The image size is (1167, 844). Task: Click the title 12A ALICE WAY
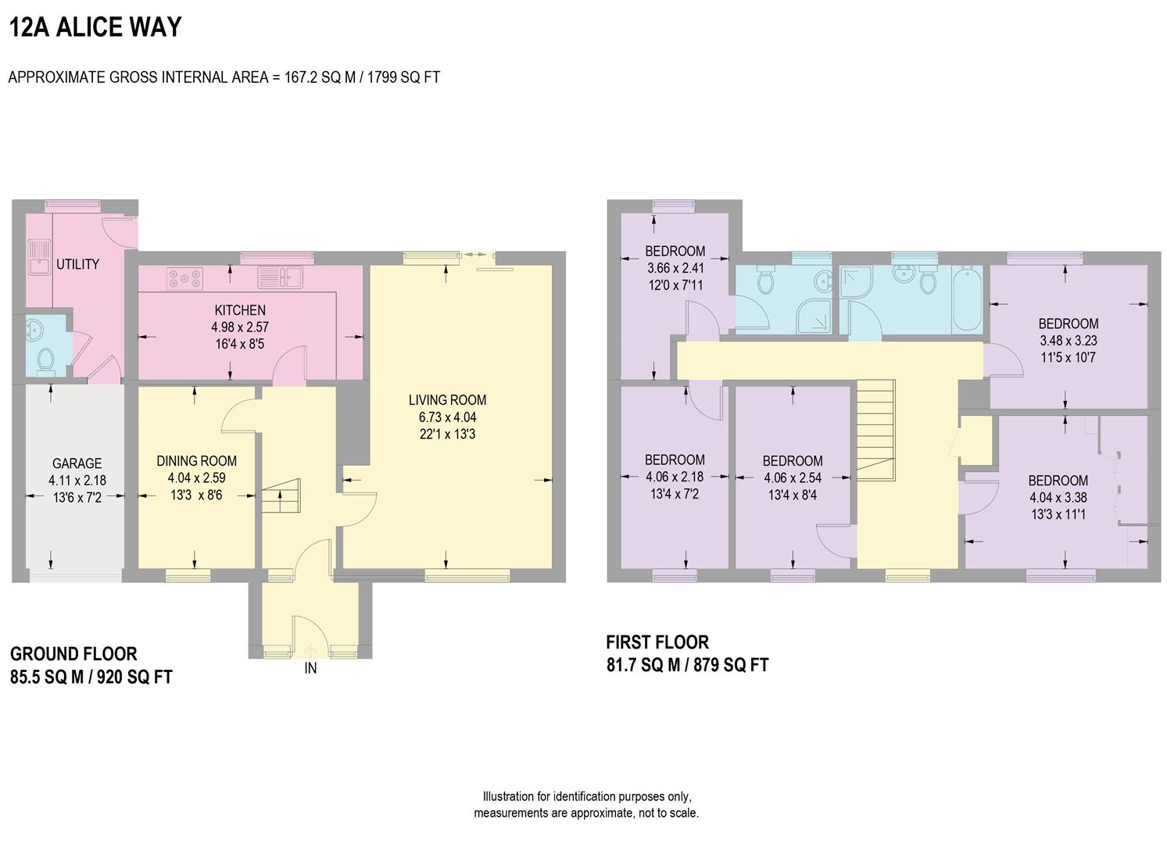pos(95,27)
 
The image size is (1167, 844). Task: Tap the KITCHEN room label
pos(240,310)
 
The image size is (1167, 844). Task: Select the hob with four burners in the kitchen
pos(184,276)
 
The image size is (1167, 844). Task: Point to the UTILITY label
pos(77,264)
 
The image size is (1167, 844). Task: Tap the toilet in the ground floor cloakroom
pos(46,360)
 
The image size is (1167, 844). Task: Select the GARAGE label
pos(77,463)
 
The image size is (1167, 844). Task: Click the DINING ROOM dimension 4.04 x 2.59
pos(196,477)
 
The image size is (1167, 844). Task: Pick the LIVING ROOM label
pos(447,400)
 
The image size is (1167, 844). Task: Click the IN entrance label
pos(310,668)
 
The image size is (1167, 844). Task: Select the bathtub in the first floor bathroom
pos(968,299)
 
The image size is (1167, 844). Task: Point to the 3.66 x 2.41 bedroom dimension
pos(675,268)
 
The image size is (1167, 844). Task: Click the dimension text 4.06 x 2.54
pos(793,477)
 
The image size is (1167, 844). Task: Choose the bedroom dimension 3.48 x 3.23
pos(1068,341)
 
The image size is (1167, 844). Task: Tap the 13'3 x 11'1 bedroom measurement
pos(1058,514)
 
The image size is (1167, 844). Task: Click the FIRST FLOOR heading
pos(657,642)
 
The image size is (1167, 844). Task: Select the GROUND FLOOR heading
pos(73,654)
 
